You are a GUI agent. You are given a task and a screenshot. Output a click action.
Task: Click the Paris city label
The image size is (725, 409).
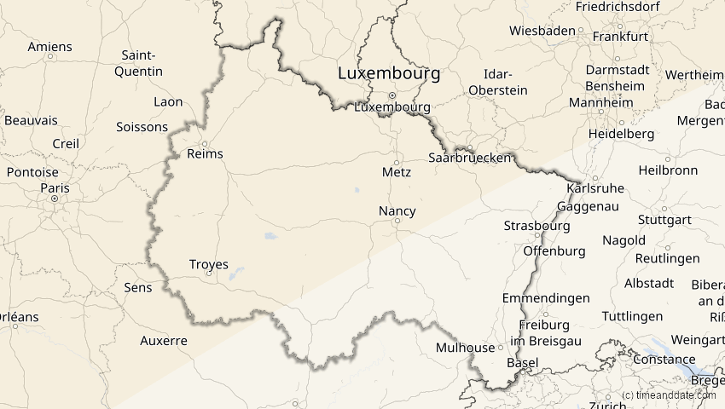tap(55, 187)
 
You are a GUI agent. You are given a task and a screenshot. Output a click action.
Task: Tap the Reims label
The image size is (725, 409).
tap(205, 154)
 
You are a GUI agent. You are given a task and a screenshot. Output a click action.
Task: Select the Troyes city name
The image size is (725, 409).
tap(209, 264)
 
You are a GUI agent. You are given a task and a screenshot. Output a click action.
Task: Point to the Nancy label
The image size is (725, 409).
tap(397, 210)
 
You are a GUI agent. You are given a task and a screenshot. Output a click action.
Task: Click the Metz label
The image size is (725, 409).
tap(397, 171)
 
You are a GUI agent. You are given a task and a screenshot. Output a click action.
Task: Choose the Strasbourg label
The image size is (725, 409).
tap(536, 226)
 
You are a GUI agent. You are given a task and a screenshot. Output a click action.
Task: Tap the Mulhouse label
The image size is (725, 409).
tap(465, 348)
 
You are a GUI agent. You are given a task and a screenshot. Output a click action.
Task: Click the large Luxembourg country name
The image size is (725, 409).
tap(389, 73)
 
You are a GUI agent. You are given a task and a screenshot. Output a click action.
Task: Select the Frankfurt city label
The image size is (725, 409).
tap(620, 37)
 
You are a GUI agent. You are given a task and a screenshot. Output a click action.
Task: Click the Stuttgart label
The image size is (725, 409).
tap(662, 219)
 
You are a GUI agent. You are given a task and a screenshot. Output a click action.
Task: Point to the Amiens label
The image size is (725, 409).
tap(49, 46)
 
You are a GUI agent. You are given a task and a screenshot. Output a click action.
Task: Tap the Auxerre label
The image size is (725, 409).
tap(163, 341)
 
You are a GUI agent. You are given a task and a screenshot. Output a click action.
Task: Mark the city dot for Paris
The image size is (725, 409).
tap(54, 199)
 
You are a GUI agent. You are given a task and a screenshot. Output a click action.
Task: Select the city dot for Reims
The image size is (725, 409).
tap(205, 143)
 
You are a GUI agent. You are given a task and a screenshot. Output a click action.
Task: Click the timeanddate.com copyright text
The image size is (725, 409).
tap(669, 395)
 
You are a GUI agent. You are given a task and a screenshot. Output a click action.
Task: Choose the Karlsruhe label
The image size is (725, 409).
tap(595, 188)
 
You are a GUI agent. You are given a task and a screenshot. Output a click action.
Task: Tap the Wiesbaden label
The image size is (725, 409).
tap(542, 31)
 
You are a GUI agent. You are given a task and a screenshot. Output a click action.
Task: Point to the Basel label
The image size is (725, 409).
tap(522, 363)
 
